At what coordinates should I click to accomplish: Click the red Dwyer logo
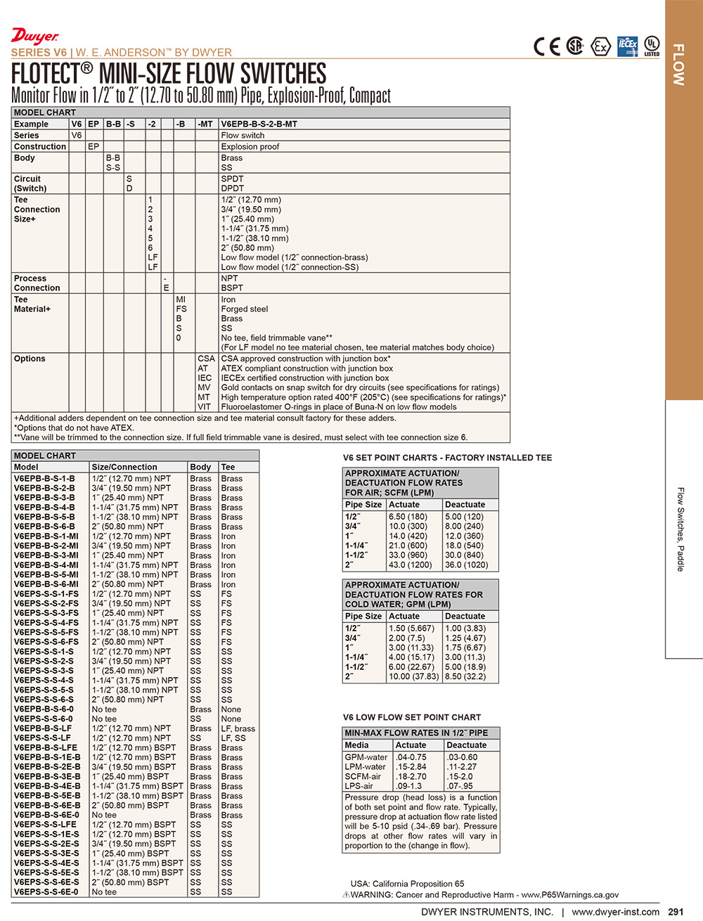(34, 37)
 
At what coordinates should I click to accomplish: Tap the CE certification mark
(547, 46)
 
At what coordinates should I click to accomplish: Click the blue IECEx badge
(627, 46)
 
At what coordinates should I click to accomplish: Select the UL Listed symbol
(652, 46)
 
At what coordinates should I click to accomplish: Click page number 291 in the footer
(676, 912)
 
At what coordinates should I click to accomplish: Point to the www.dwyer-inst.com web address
(615, 912)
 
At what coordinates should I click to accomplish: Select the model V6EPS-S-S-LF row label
(42, 738)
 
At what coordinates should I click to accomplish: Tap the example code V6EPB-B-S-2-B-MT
(259, 124)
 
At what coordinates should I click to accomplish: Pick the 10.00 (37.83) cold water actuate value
(413, 676)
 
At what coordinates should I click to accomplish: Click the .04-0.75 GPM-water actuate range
(411, 757)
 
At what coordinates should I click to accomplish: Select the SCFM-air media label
(363, 776)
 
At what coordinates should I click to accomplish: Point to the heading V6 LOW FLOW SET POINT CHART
(412, 717)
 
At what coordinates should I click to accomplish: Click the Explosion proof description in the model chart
(250, 146)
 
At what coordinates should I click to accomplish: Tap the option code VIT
(204, 406)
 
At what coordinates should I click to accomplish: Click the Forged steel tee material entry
(244, 309)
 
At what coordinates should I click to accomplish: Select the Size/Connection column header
(124, 467)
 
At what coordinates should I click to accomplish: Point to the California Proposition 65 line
(407, 884)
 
